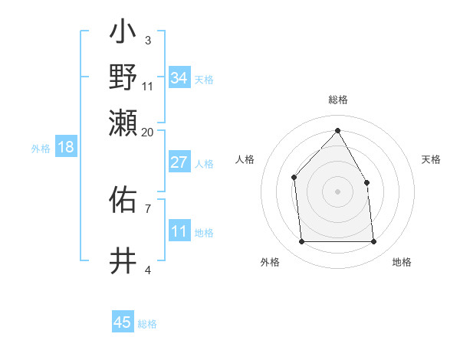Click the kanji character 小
(123, 35)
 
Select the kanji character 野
(123, 77)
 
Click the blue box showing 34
(179, 78)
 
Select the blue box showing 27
(179, 162)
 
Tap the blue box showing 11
(179, 231)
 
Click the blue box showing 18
(65, 147)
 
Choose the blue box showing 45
(123, 322)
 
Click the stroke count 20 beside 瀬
(147, 132)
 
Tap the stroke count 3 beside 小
(147, 40)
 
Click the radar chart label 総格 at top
(337, 100)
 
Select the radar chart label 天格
(431, 159)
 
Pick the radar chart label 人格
(245, 159)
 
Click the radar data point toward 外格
(301, 242)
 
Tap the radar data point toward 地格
(373, 242)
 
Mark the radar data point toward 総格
(337, 131)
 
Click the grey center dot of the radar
(337, 191)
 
